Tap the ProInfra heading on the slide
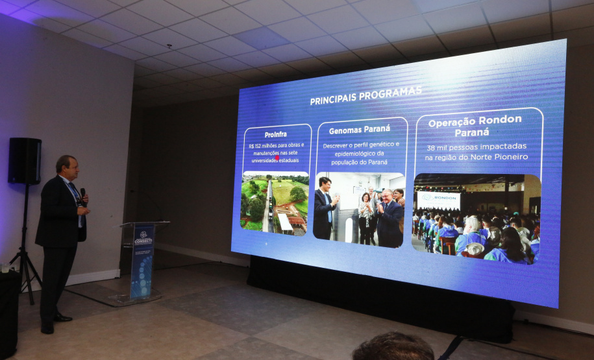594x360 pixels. point(276,134)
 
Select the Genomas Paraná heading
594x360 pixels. point(359,130)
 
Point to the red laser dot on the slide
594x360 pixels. point(277,158)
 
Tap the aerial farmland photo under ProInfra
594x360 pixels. point(275,201)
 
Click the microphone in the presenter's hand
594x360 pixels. point(82,194)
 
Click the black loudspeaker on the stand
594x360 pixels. point(25,160)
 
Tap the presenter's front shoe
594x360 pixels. point(62,317)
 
